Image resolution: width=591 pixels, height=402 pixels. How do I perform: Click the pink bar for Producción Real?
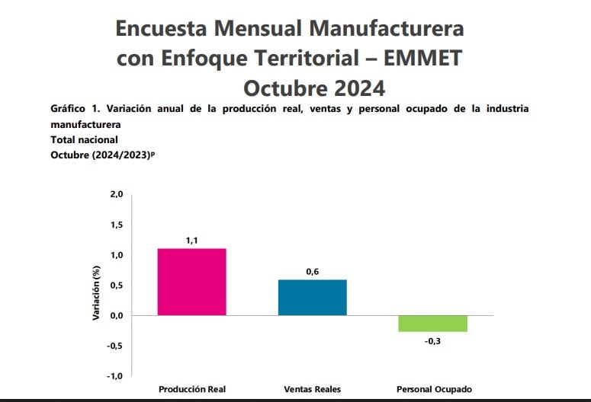(191, 282)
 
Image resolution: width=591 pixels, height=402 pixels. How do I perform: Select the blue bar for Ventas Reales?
(313, 297)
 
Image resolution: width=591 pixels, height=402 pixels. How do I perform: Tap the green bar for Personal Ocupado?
(433, 324)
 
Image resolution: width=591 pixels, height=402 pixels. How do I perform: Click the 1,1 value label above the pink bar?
(191, 241)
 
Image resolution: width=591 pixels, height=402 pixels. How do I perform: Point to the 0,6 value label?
(313, 271)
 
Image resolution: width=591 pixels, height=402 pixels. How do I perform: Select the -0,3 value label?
(432, 341)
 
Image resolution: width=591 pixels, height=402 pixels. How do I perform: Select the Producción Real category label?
(191, 390)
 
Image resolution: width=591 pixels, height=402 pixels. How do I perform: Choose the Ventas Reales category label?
(313, 390)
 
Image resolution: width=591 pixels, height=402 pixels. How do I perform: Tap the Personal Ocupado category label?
(434, 390)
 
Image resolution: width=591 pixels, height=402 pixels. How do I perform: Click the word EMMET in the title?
(420, 58)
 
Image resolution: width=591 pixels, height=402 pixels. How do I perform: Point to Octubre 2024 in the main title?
(314, 87)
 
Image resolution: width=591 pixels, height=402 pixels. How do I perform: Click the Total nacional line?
(84, 139)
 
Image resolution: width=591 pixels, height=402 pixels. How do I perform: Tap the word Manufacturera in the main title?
(379, 29)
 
